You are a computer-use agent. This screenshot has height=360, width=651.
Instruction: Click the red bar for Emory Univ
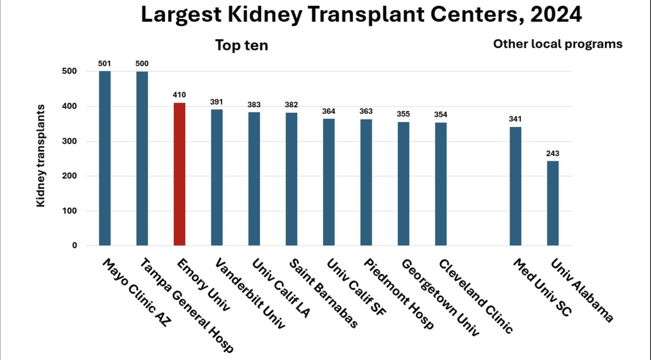179,174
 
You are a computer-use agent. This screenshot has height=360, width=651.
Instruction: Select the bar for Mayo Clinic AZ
105,158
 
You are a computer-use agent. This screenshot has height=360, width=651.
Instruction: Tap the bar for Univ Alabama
553,203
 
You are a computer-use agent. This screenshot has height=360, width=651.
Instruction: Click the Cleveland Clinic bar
441,184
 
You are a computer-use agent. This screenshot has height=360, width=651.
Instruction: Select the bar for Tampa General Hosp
142,158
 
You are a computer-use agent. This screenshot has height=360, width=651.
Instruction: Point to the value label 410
179,95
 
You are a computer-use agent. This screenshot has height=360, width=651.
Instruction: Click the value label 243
553,153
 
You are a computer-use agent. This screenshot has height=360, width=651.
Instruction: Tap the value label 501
105,63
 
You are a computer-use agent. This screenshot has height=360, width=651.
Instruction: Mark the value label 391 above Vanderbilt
216,101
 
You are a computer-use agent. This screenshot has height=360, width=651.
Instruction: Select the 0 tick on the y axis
74,246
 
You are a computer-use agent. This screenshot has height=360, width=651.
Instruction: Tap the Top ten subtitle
241,45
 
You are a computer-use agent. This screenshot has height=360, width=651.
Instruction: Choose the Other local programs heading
558,44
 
